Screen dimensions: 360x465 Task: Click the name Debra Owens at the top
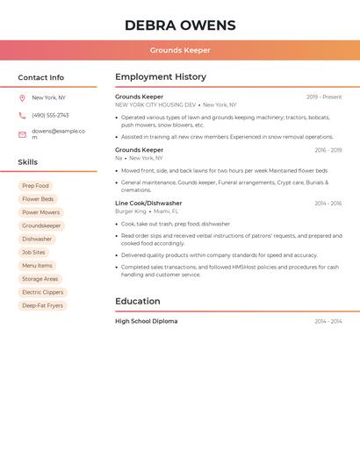tap(180, 25)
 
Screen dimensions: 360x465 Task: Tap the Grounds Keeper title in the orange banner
tap(180, 51)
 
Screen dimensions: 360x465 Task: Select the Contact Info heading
tap(40, 78)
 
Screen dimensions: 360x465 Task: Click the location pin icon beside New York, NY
tap(22, 98)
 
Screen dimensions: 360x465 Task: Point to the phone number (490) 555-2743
tap(50, 115)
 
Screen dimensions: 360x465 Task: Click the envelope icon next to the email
tap(22, 134)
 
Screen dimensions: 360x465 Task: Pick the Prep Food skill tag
tap(35, 186)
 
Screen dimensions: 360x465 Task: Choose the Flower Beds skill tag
tap(38, 199)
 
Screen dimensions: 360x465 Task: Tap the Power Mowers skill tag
tap(41, 212)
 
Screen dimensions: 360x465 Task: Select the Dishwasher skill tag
tap(37, 239)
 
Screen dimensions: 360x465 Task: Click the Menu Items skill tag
tap(37, 266)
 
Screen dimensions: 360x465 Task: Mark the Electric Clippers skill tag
tap(42, 292)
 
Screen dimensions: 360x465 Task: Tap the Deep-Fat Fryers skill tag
tap(42, 305)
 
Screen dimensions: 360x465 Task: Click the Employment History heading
tap(161, 77)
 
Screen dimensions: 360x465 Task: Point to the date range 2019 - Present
tap(324, 97)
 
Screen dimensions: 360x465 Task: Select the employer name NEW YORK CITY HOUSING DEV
tap(155, 104)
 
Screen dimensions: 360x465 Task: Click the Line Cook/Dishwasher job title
tap(148, 204)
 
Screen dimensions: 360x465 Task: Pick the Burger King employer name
tap(131, 211)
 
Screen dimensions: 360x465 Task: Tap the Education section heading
tap(138, 302)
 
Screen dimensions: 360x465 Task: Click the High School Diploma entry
tap(146, 322)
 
